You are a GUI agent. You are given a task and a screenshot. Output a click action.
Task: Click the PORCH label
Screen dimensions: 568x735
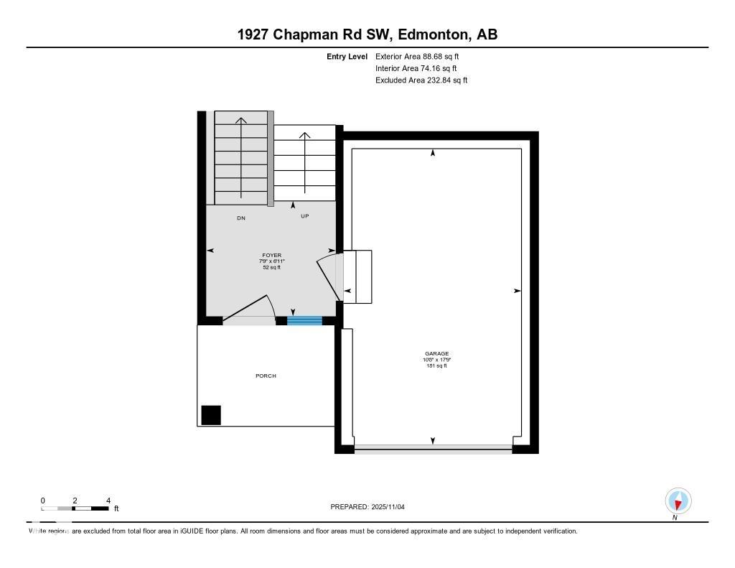265,376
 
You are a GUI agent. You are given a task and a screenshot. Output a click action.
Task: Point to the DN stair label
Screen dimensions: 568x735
241,218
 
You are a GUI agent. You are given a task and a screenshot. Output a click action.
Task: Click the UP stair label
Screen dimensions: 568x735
304,216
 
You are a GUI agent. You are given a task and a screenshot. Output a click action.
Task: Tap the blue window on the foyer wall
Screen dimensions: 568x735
304,320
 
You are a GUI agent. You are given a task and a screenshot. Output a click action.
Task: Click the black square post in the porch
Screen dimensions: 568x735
211,415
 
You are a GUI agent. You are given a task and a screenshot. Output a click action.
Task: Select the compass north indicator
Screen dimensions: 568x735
678,501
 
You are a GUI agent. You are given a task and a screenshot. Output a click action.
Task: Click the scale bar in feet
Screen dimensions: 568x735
75,508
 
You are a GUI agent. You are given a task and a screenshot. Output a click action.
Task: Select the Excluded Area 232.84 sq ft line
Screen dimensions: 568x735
421,80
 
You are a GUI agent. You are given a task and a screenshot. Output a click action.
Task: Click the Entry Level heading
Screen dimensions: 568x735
347,56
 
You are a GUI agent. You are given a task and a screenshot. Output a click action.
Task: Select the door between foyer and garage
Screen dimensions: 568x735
329,276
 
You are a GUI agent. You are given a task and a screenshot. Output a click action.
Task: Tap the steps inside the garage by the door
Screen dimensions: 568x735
358,276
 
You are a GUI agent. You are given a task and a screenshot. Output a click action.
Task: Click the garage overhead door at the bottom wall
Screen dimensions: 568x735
433,450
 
